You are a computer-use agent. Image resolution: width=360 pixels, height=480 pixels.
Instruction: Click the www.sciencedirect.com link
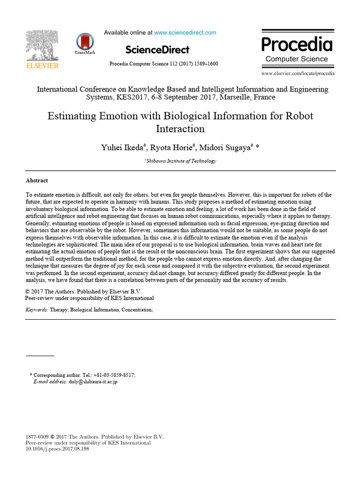pos(185,33)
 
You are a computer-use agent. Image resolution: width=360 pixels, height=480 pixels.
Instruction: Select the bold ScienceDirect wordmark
pos(157,50)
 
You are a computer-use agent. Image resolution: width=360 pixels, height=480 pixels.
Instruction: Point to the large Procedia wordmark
pos(297,45)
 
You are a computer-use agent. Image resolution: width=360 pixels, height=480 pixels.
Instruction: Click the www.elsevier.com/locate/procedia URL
pos(298,74)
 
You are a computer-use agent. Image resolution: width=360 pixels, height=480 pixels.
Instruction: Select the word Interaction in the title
pos(180,128)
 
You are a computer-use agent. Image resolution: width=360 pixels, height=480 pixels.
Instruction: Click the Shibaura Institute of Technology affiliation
pos(181,161)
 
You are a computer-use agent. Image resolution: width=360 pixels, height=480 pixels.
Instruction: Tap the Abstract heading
pos(37,180)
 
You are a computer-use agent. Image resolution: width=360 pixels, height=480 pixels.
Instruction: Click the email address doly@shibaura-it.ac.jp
pos(93,382)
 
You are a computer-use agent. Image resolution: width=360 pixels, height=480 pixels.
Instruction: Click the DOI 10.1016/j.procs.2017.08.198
pos(57,449)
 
